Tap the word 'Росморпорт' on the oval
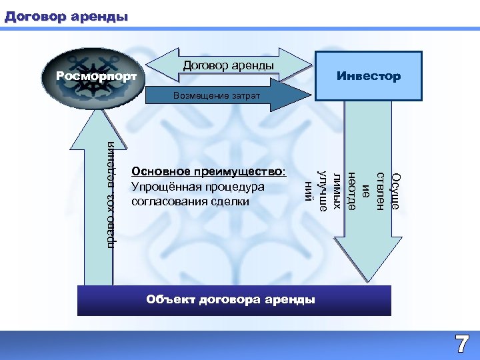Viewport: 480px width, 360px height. [96, 77]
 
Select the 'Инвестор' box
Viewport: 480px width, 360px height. [368, 76]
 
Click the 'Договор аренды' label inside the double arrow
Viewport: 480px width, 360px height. [228, 65]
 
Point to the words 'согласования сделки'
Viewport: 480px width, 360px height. [191, 201]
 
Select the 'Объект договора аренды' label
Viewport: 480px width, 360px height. [231, 299]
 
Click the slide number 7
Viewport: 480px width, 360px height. [461, 344]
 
